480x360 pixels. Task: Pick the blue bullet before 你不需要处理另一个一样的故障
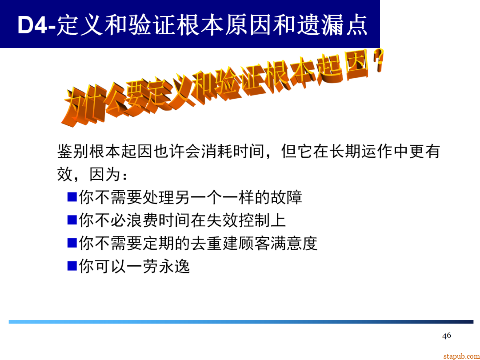click(x=72, y=196)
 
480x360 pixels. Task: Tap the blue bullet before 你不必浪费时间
click(x=72, y=220)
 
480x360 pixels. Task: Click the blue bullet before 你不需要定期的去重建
click(x=72, y=243)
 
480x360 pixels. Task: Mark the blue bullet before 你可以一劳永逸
click(x=72, y=266)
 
